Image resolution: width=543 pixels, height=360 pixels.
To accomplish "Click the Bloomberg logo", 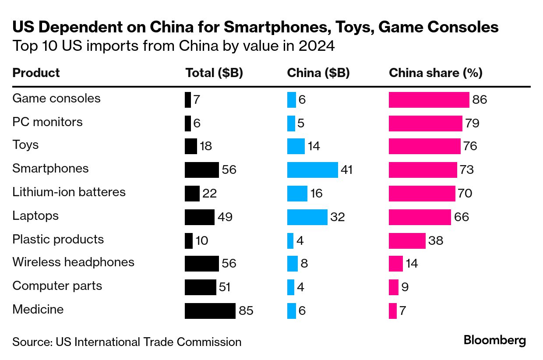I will [x=495, y=340].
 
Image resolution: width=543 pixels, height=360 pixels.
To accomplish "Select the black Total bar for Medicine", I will [x=210, y=311].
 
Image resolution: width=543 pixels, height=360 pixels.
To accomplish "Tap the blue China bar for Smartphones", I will [x=312, y=169].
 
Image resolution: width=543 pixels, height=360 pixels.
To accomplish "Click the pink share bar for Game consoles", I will [x=429, y=100].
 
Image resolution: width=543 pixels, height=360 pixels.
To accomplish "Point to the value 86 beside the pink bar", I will [x=480, y=100].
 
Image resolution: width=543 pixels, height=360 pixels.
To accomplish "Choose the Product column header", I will [x=36, y=73].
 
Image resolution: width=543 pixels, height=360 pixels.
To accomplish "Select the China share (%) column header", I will [x=435, y=73].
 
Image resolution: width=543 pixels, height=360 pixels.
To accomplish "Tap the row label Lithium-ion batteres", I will [x=69, y=192].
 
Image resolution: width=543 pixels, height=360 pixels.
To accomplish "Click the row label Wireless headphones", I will [x=73, y=262].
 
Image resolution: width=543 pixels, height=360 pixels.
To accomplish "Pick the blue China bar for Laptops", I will [x=307, y=217].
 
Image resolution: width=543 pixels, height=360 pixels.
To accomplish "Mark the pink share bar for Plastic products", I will [x=407, y=240].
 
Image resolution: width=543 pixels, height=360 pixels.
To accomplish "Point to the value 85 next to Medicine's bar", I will [x=246, y=311].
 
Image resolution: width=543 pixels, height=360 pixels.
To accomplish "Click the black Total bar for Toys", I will [x=190, y=146].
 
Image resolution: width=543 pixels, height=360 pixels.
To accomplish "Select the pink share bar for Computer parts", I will [x=393, y=287].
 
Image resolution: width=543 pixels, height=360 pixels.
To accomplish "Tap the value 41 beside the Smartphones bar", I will [x=346, y=169].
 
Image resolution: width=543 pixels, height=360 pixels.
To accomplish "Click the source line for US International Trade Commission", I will [x=127, y=342].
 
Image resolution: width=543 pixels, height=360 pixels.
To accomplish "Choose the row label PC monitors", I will [x=47, y=122].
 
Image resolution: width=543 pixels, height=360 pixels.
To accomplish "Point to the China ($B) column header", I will [x=318, y=73].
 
